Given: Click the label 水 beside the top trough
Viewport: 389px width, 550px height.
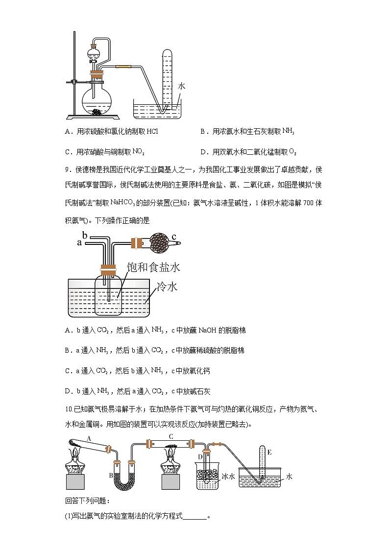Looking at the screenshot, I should [181, 86].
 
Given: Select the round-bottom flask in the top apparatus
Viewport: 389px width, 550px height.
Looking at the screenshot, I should [97, 101].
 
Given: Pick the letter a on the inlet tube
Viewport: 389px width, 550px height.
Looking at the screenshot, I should [79, 242].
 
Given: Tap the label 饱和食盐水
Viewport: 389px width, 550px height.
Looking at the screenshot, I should [153, 267].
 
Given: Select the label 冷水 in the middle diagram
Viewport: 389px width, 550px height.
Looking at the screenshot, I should [167, 287].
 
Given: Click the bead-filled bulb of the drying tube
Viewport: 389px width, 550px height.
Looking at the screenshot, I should [158, 241].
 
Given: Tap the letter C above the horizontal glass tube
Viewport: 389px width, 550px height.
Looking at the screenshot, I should [171, 436].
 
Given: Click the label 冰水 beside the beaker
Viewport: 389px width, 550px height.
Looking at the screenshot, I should [228, 476].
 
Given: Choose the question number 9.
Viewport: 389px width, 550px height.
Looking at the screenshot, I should [68, 169].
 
